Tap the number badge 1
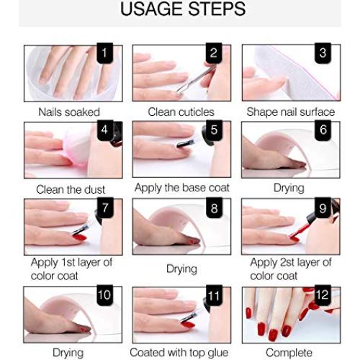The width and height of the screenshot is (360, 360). [x=106, y=53]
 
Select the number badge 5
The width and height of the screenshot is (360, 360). [x=214, y=130]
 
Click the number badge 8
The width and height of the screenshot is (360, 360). [x=214, y=208]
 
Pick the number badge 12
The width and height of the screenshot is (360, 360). [x=323, y=296]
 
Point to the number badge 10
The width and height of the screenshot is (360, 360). [x=106, y=296]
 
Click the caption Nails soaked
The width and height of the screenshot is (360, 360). [x=70, y=112]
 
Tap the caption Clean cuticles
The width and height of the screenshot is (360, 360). [x=181, y=112]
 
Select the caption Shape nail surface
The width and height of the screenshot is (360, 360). [x=290, y=112]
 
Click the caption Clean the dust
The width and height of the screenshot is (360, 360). [x=71, y=189]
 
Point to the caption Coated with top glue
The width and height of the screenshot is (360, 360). [x=181, y=352]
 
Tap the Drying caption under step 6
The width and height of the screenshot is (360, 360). [x=289, y=188]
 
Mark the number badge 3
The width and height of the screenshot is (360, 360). [x=323, y=53]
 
